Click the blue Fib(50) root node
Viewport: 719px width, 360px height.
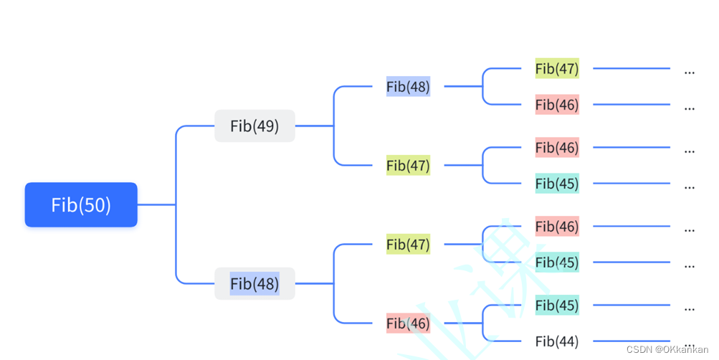pyautogui.click(x=81, y=205)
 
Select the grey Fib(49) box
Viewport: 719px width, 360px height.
pyautogui.click(x=254, y=126)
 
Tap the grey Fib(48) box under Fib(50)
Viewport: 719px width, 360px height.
pyautogui.click(x=254, y=284)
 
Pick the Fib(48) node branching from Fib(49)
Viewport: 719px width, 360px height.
pyautogui.click(x=408, y=87)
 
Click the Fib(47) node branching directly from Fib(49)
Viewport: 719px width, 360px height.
pyautogui.click(x=408, y=166)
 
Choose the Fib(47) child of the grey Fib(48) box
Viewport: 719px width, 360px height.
pyautogui.click(x=408, y=245)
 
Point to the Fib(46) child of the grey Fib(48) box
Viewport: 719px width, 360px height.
pyautogui.click(x=408, y=323)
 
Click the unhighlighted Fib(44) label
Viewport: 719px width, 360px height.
pyautogui.click(x=557, y=341)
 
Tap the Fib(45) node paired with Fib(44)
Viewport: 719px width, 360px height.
pyautogui.click(x=557, y=305)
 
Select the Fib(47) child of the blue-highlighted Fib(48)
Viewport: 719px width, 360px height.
pyautogui.click(x=557, y=69)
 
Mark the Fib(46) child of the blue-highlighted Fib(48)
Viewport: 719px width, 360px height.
pyautogui.click(x=557, y=105)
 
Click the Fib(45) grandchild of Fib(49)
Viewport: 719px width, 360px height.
pyautogui.click(x=557, y=184)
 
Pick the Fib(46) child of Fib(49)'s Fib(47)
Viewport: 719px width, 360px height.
pyautogui.click(x=557, y=148)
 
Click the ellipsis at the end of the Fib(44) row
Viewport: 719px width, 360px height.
pyautogui.click(x=690, y=344)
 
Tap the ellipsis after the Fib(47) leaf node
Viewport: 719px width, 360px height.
pyautogui.click(x=690, y=72)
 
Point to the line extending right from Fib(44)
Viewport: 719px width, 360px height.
pyautogui.click(x=631, y=341)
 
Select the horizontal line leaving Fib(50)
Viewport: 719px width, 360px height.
pyautogui.click(x=156, y=205)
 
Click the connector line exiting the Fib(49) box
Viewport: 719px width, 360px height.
pyautogui.click(x=314, y=126)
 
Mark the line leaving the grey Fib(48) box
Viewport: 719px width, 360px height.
pyautogui.click(x=314, y=284)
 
